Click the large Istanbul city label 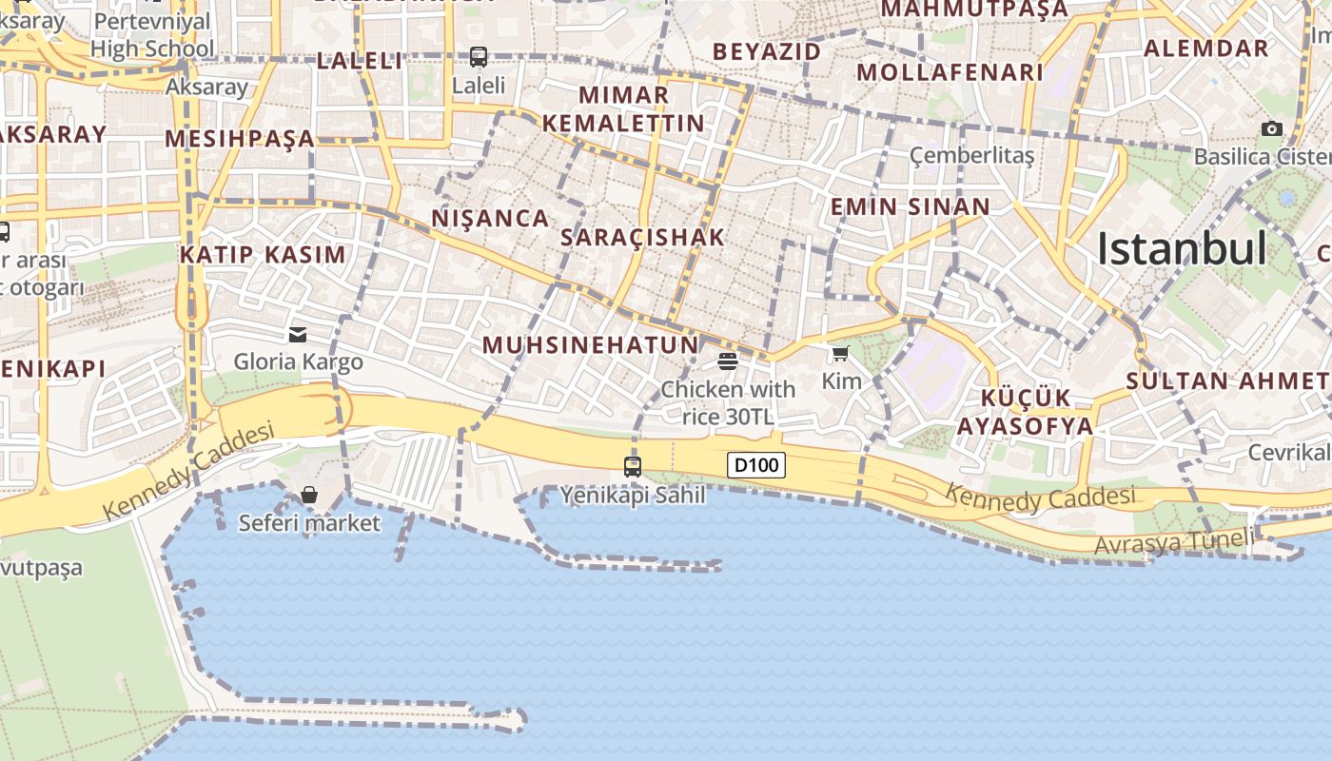pyautogui.click(x=1182, y=249)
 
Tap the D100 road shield pyautogui.click(x=756, y=465)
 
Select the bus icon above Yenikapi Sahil pyautogui.click(x=633, y=467)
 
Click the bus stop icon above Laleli pyautogui.click(x=479, y=57)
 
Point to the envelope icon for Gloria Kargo pyautogui.click(x=298, y=335)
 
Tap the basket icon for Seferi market pyautogui.click(x=309, y=495)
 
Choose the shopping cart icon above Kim pyautogui.click(x=840, y=355)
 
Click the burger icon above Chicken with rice pyautogui.click(x=728, y=361)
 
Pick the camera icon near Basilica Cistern pyautogui.click(x=1272, y=129)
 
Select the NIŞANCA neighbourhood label pyautogui.click(x=491, y=218)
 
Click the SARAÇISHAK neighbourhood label pyautogui.click(x=643, y=237)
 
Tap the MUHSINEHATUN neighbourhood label pyautogui.click(x=591, y=344)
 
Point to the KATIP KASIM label pyautogui.click(x=263, y=254)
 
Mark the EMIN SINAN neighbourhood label pyautogui.click(x=911, y=206)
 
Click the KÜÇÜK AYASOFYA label pyautogui.click(x=1025, y=412)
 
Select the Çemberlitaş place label pyautogui.click(x=971, y=154)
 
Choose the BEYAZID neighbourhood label pyautogui.click(x=766, y=51)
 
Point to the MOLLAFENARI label pyautogui.click(x=950, y=72)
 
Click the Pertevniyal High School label pyautogui.click(x=152, y=34)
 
